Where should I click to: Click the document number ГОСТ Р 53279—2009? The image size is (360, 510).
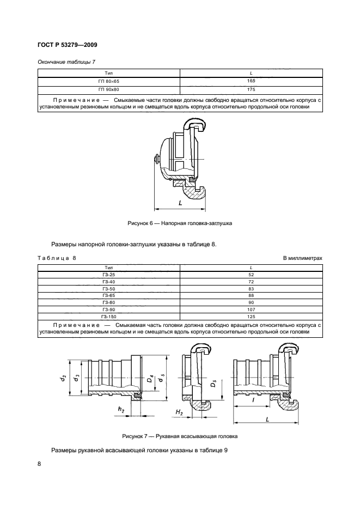[67, 45]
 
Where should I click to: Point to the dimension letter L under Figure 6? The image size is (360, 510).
[180, 202]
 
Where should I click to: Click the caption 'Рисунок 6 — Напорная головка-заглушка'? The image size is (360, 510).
[180, 223]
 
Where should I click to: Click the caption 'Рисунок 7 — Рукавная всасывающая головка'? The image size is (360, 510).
[180, 436]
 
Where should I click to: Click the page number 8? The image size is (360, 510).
[39, 463]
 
